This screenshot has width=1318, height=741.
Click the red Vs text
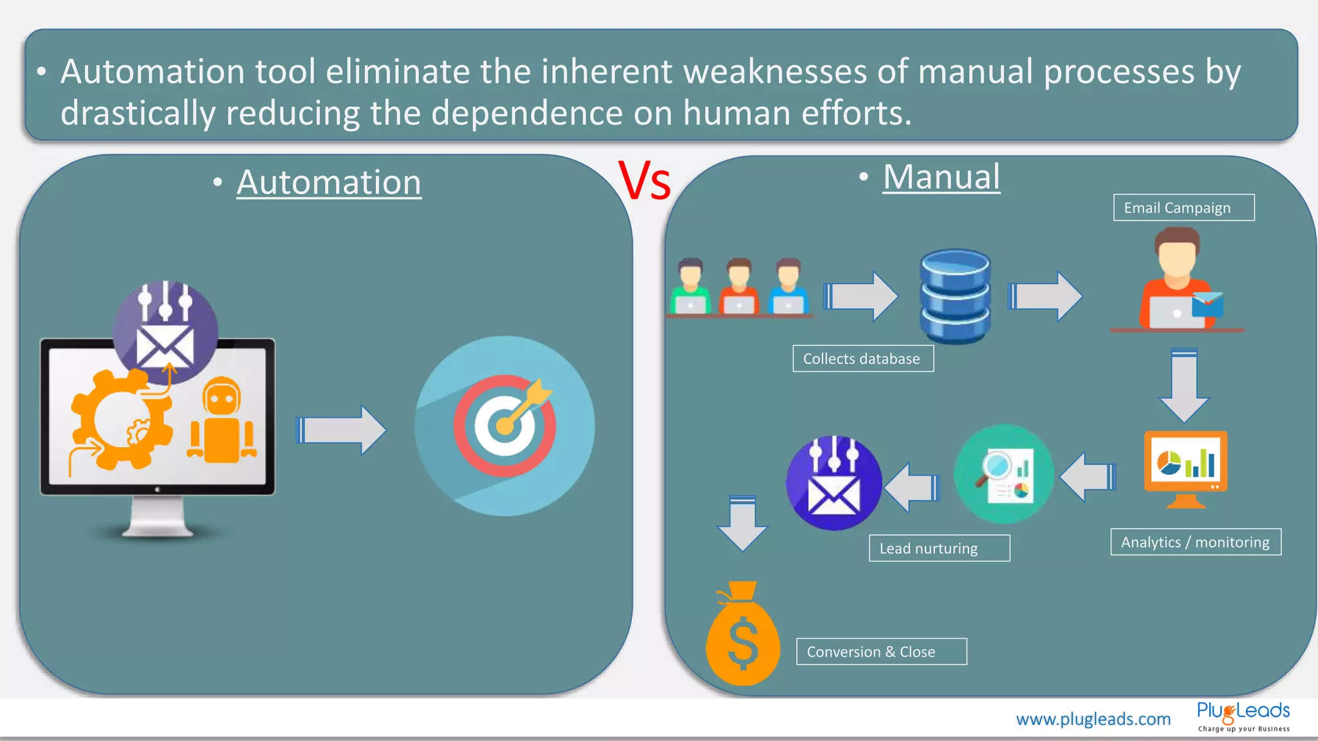tap(645, 181)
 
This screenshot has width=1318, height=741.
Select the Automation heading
tap(329, 183)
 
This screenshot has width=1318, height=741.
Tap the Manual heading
tap(941, 177)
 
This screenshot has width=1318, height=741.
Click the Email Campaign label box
tap(1183, 208)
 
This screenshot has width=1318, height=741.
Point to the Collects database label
tap(862, 359)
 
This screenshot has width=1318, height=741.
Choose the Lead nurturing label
tap(938, 549)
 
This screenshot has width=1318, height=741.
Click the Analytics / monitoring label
tap(1195, 542)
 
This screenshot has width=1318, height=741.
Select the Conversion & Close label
tap(880, 652)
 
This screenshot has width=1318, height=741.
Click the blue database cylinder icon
tap(955, 296)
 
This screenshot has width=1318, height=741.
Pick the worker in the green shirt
tap(690, 288)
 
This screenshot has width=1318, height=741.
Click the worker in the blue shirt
tap(788, 288)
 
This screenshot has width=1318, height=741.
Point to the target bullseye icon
tap(505, 426)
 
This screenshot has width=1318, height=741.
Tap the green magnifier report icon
tap(1004, 474)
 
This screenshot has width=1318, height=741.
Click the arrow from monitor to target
tap(340, 430)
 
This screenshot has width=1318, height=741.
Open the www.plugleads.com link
tap(1093, 719)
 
